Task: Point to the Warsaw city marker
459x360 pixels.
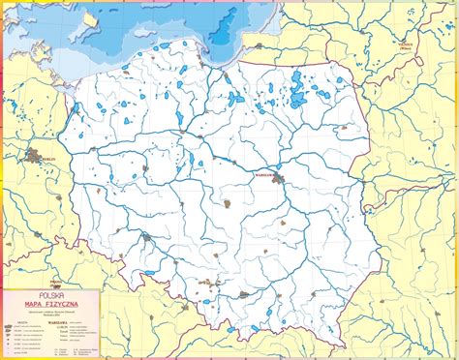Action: click(x=279, y=179)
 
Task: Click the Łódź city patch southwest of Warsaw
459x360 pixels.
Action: click(x=227, y=204)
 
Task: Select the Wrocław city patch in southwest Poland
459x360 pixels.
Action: click(x=146, y=236)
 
